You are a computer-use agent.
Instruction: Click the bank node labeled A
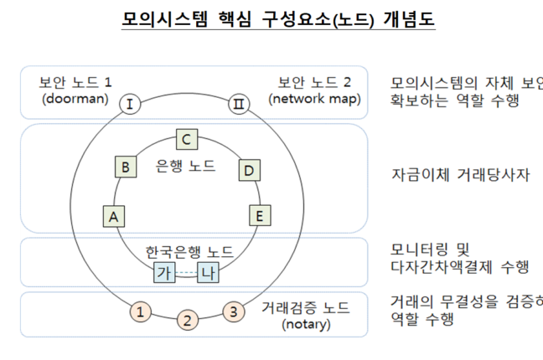113,216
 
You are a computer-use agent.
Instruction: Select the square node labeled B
125,167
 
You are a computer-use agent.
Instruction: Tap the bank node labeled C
188,139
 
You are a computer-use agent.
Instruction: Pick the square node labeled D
248,170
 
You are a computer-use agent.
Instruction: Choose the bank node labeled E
261,216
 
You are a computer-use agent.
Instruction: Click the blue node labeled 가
165,273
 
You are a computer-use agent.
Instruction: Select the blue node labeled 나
209,273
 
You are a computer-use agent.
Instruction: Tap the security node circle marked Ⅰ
131,104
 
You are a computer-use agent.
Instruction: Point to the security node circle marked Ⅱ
238,104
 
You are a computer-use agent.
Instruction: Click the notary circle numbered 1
142,312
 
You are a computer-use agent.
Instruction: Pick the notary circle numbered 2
189,321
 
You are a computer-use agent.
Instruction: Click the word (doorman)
75,99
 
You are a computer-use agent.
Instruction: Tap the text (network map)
314,99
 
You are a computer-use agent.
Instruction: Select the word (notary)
308,324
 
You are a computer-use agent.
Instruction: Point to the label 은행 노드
186,166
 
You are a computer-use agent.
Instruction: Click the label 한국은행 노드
189,251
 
